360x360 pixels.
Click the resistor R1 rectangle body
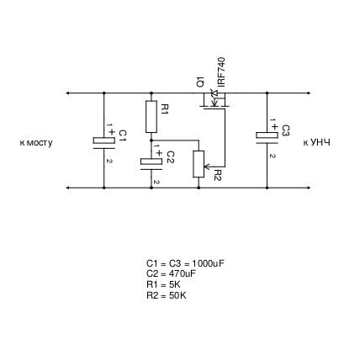(x=151, y=117)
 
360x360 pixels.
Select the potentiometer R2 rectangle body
(x=199, y=164)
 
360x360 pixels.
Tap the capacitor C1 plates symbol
(x=104, y=143)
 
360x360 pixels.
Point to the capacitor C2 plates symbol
(x=151, y=164)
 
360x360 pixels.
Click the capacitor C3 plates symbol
(x=267, y=137)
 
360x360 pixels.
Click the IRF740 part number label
(x=221, y=71)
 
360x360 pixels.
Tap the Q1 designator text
(x=201, y=82)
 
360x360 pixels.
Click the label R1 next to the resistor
(x=165, y=109)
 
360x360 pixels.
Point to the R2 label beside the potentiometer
(x=218, y=175)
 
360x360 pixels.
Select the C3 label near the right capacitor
(x=286, y=130)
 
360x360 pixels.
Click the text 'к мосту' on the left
(x=36, y=143)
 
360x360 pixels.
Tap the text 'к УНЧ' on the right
(x=316, y=142)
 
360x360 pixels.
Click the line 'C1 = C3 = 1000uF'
(x=186, y=263)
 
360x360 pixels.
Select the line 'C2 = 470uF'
(x=171, y=273)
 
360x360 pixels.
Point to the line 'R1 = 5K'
(x=163, y=284)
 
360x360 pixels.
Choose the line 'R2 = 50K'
(x=167, y=295)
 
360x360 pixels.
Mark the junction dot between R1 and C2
(x=151, y=140)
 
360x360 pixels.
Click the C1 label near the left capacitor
(x=123, y=136)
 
